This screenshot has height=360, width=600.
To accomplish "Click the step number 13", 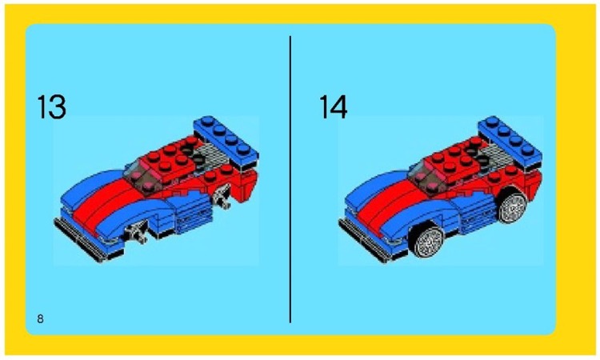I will point(51,108).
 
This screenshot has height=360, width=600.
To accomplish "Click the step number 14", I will point(334,108).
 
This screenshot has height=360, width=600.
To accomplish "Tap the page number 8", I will point(40,319).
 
